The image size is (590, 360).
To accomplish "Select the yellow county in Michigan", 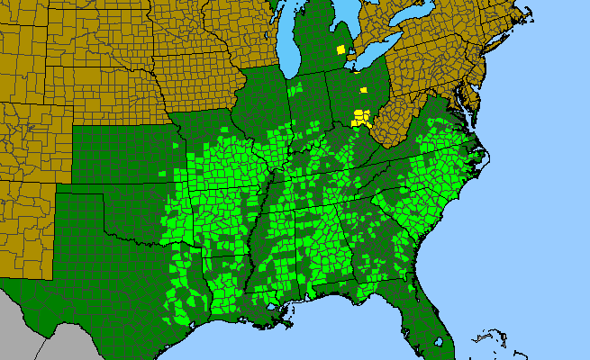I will (340, 50).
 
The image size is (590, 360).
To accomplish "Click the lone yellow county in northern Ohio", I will (363, 90).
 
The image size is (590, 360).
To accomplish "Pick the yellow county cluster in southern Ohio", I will (360, 116).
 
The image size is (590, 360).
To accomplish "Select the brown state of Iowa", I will (198, 72).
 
